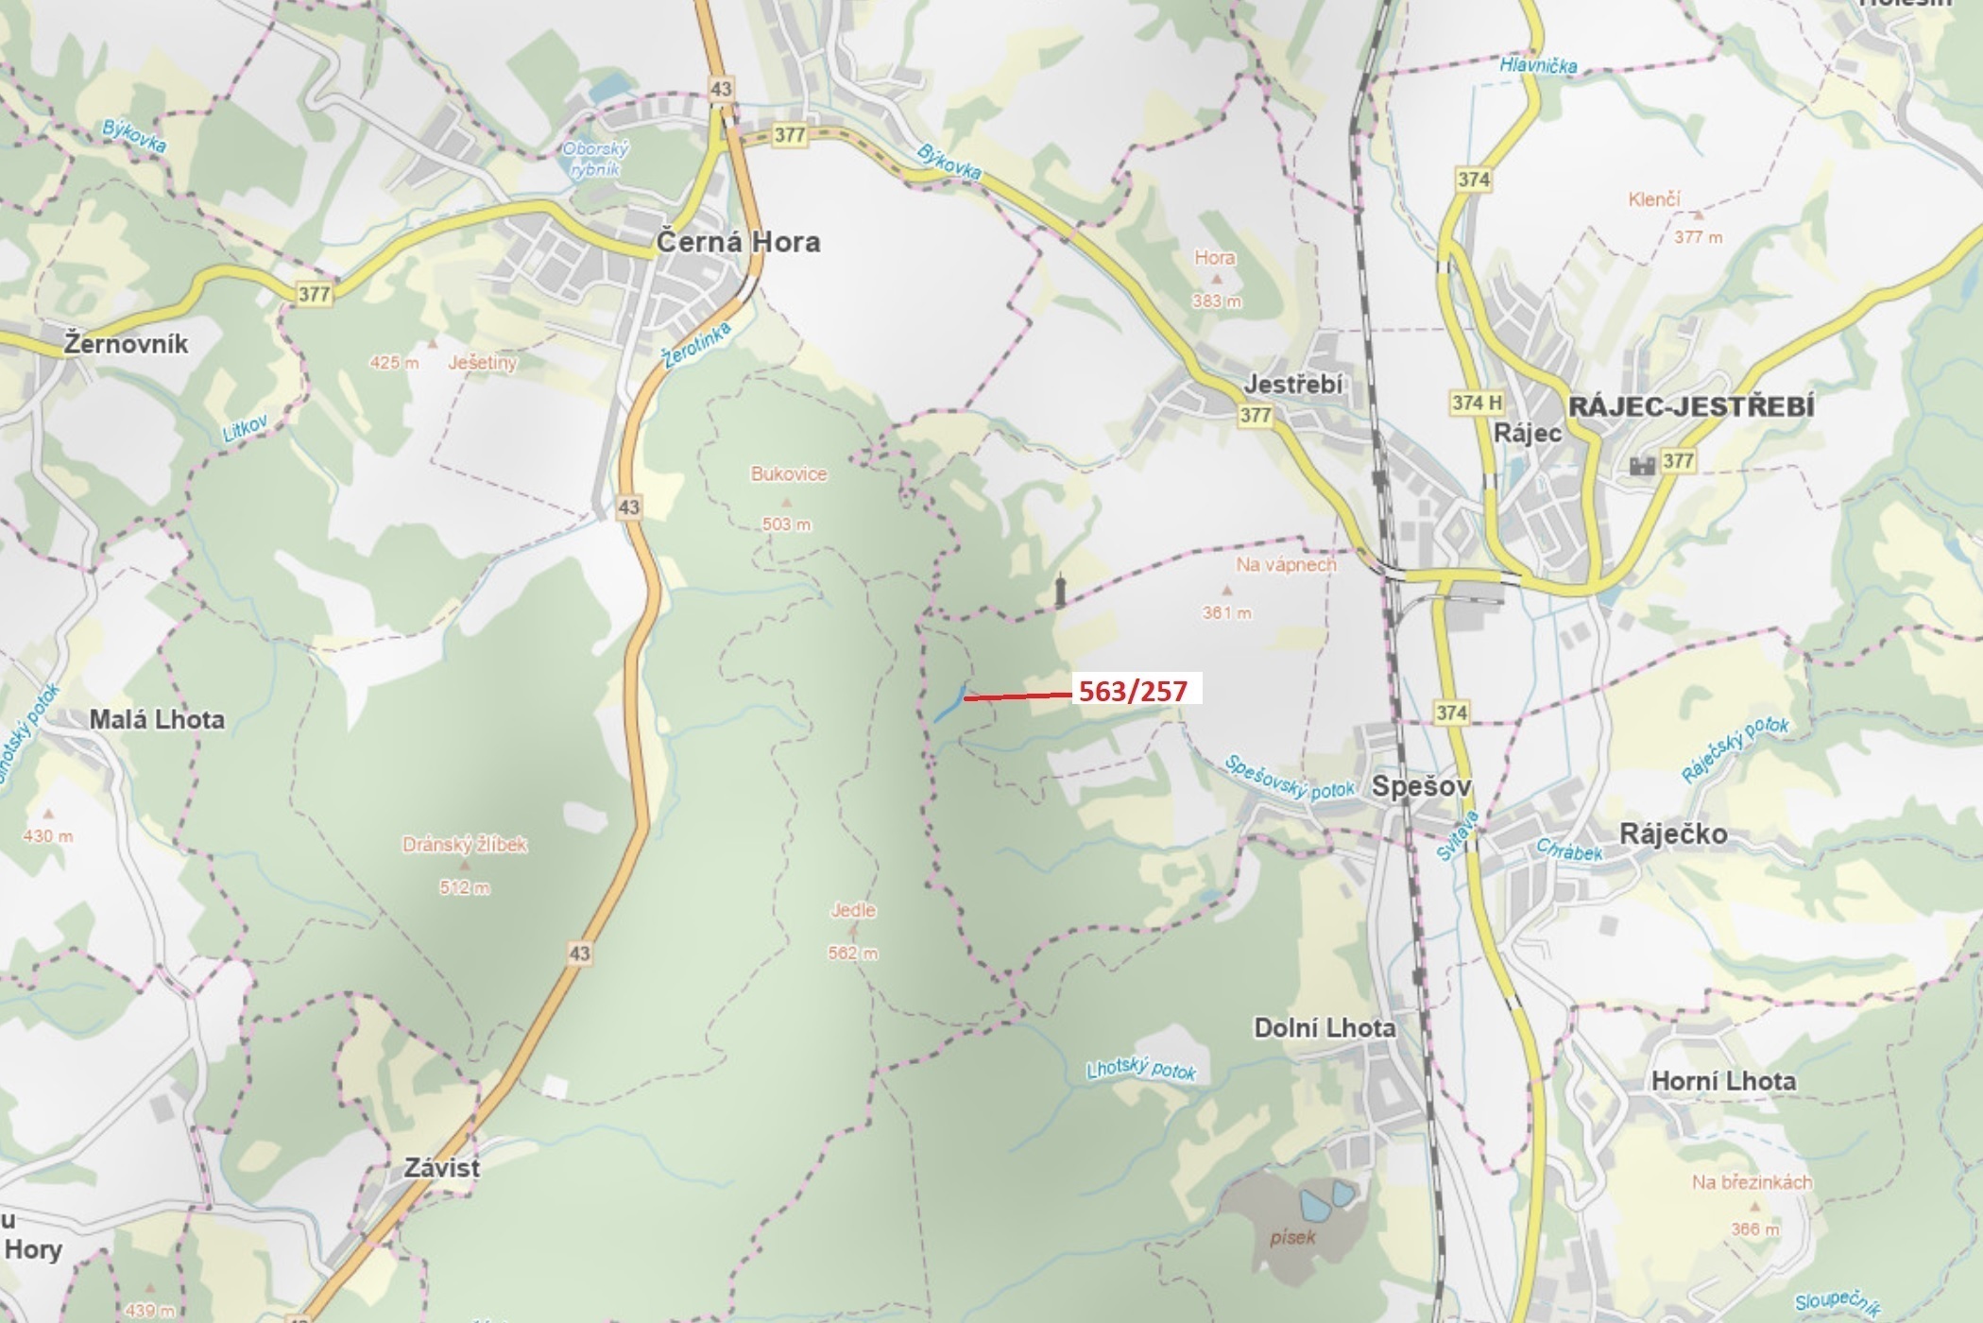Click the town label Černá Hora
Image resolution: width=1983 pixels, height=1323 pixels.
pos(738,242)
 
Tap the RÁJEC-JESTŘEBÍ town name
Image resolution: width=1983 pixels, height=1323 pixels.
pos(1691,406)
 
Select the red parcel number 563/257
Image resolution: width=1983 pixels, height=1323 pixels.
pos(1133,692)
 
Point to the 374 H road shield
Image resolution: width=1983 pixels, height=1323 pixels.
pos(1477,403)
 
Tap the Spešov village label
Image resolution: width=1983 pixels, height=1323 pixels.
pos(1421,785)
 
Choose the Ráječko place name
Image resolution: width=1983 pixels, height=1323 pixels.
pos(1673,833)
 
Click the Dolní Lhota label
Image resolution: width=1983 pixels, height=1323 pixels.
pos(1324,1028)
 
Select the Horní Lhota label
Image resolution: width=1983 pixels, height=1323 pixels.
pos(1723,1081)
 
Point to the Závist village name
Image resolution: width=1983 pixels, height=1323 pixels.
pos(442,1168)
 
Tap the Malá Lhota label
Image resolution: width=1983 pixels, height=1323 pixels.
pos(157,719)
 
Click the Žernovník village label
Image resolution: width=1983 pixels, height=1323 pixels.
pos(127,344)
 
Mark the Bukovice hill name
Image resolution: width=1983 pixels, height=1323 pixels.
pos(789,474)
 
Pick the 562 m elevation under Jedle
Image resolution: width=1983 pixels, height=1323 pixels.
pos(852,954)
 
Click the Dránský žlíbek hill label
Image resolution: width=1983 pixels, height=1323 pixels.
pos(465,845)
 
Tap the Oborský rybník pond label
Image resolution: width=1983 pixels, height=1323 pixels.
pos(595,160)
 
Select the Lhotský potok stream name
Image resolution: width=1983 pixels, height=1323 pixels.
pos(1141,1070)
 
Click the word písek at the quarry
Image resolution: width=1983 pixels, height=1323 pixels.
pos(1291,1237)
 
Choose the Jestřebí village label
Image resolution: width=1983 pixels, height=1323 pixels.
pos(1293,385)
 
